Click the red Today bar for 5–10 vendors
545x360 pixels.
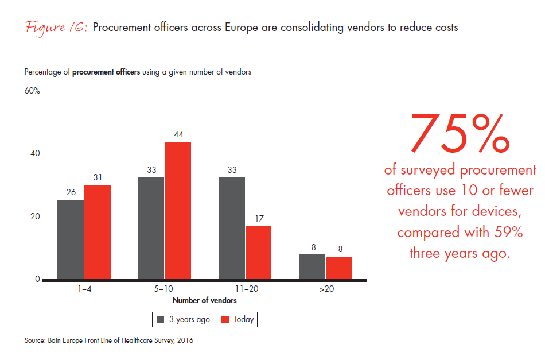pos(177,210)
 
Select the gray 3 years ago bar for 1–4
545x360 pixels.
pos(70,239)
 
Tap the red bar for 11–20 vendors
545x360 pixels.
pos(258,253)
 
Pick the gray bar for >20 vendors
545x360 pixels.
pos(312,267)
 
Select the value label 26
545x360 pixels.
pos(71,192)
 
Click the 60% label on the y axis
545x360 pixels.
pos(32,91)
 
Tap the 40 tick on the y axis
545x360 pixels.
pos(36,154)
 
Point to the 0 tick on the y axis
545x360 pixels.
pos(37,280)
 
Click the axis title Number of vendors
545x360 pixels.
pos(204,300)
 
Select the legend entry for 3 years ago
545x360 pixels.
pos(183,319)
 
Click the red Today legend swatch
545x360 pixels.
pos(225,319)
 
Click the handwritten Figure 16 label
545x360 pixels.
pos(55,28)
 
